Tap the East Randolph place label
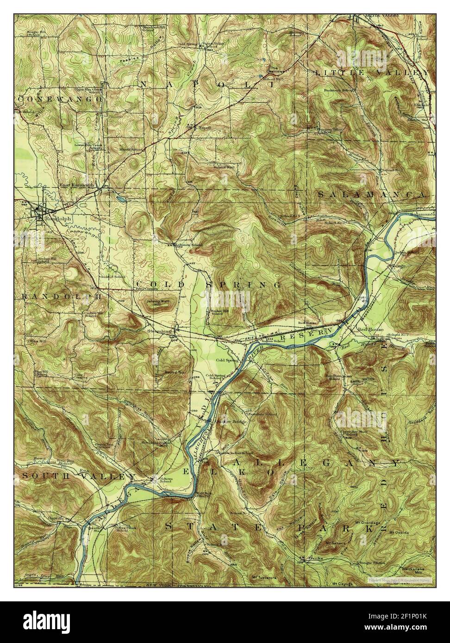point(76,185)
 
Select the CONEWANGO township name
point(61,99)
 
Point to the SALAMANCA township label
point(371,195)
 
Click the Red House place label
point(369,329)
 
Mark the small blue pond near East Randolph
point(120,199)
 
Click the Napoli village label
point(205,127)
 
